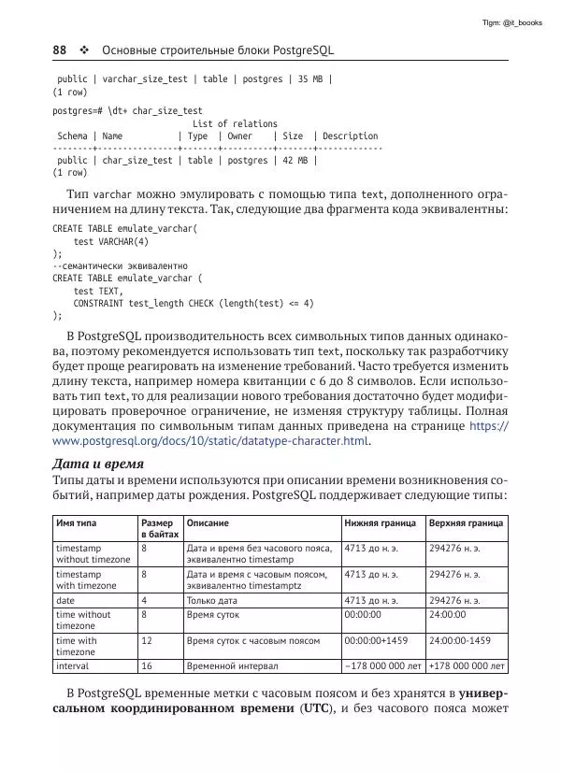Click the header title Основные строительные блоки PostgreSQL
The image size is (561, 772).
(217, 50)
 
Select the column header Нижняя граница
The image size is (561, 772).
(378, 523)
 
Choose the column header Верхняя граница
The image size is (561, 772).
(466, 523)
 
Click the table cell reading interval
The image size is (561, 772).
(74, 666)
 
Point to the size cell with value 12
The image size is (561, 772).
(147, 641)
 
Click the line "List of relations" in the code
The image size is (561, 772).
(235, 123)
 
